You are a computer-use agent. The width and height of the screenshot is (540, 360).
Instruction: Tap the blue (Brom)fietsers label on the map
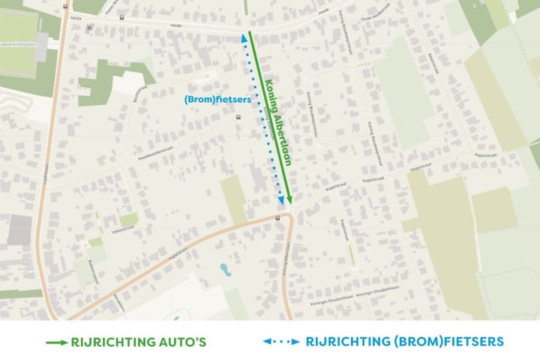[213, 98]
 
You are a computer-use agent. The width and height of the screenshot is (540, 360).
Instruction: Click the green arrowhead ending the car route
[289, 201]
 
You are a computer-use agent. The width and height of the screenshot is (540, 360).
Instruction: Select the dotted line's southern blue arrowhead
[281, 200]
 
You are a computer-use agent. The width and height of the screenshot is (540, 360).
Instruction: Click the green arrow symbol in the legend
[56, 341]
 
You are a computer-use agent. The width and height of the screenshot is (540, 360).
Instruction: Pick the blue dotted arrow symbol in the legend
[280, 341]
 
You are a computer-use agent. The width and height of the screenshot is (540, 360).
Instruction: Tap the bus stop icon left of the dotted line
[238, 116]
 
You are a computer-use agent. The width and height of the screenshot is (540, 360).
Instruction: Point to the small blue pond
[223, 268]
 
